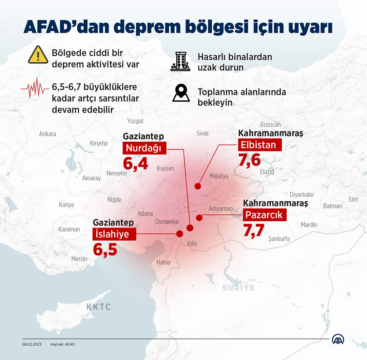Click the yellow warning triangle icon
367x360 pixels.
(x=38, y=55)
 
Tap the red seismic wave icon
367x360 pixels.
(x=34, y=88)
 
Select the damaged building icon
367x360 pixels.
(x=180, y=61)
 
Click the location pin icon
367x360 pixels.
(x=181, y=92)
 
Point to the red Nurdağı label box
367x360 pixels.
(x=144, y=148)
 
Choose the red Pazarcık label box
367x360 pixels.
(x=264, y=215)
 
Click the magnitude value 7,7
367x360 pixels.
(x=254, y=230)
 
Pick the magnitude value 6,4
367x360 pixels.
(x=135, y=163)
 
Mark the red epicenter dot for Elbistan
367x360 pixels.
(x=198, y=186)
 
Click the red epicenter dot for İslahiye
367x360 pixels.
(x=180, y=234)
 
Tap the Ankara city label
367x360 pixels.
(x=48, y=134)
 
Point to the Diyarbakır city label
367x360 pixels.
(x=302, y=194)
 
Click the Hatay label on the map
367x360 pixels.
(x=164, y=262)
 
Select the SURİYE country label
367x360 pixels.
(x=238, y=288)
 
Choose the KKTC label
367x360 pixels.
(x=99, y=307)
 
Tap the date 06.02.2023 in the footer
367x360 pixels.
(x=32, y=344)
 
